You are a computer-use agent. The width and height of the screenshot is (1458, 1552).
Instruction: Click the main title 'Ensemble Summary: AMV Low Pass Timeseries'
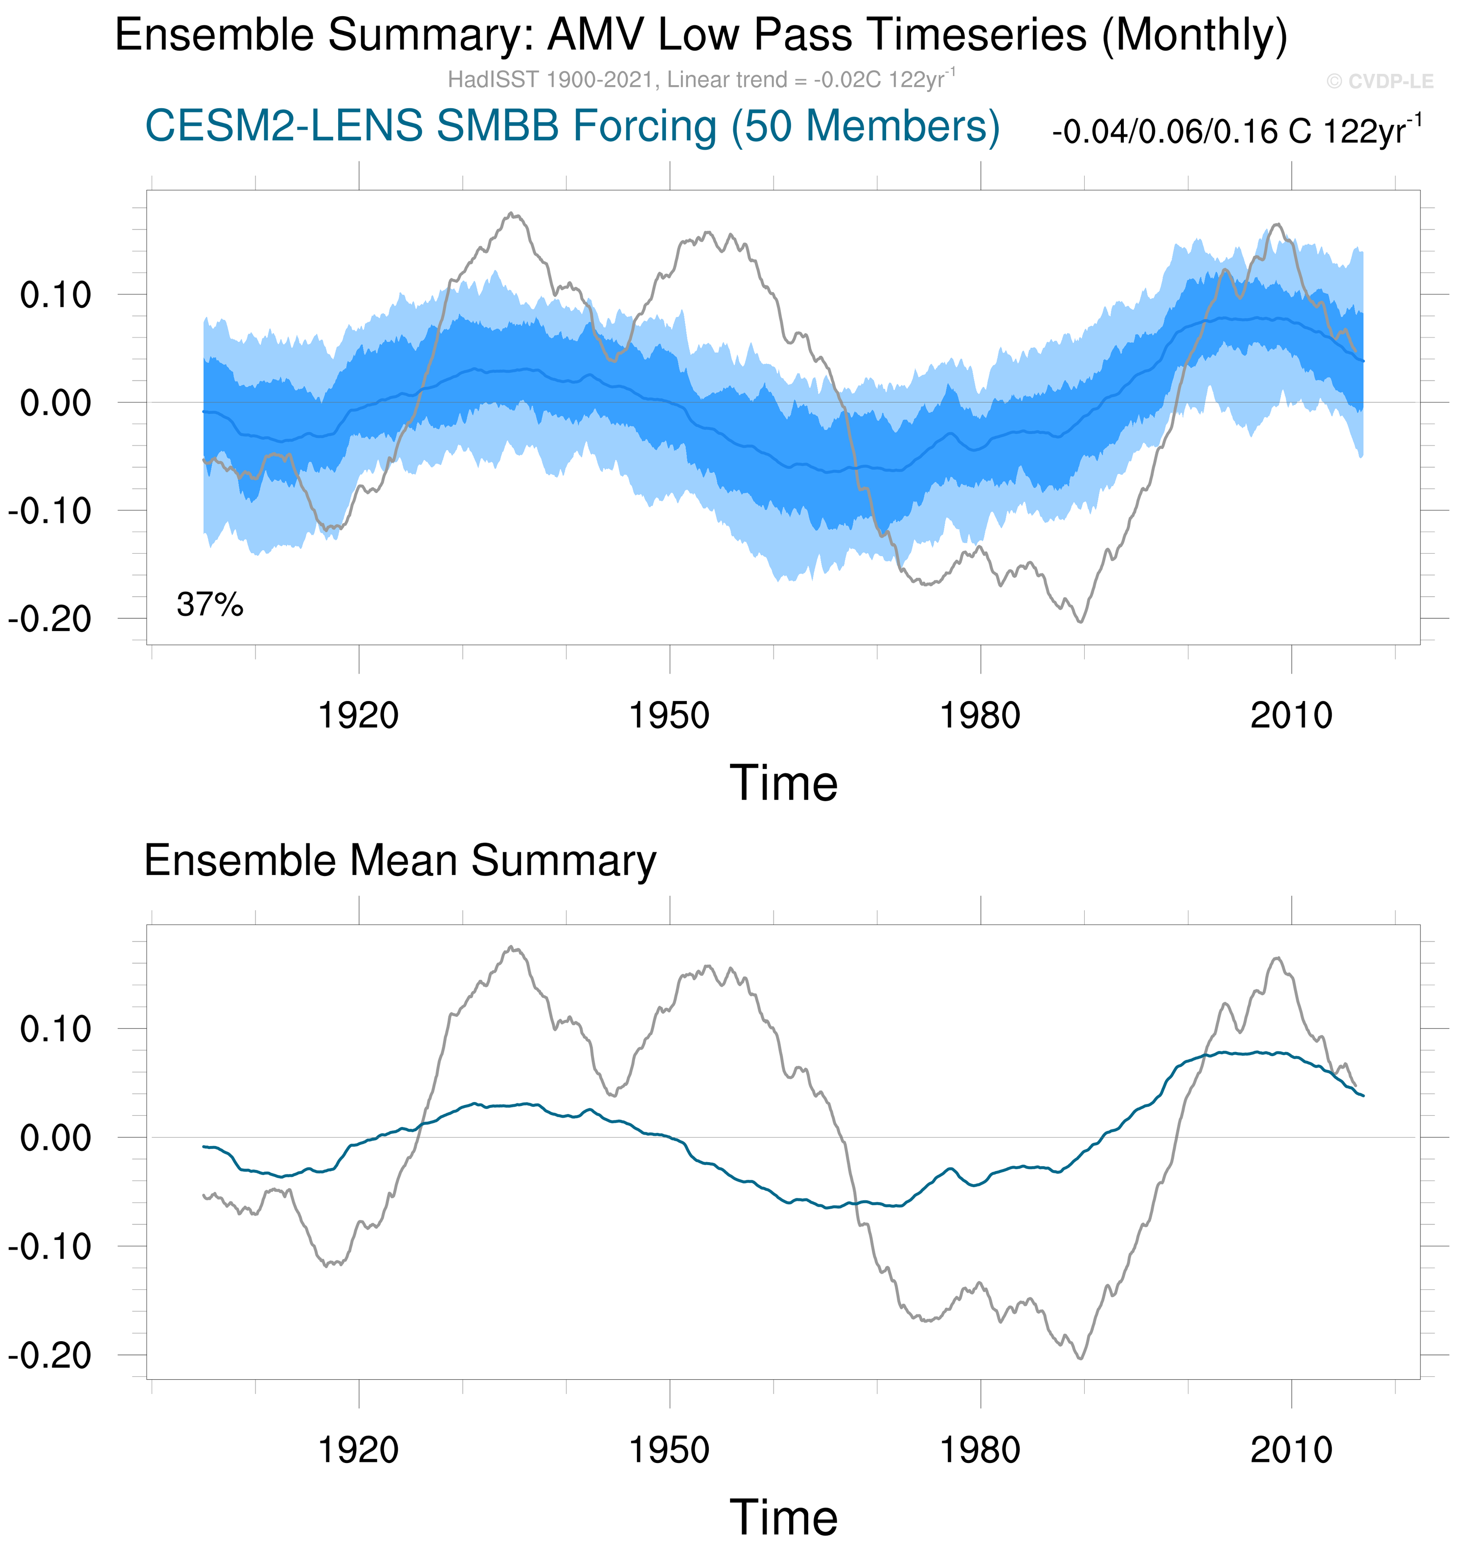[701, 36]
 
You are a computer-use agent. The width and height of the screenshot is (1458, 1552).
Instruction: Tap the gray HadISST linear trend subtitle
[701, 80]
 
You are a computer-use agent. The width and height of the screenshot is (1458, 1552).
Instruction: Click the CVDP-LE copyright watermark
[1379, 81]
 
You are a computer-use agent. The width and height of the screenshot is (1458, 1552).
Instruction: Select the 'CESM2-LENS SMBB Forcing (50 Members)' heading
[572, 127]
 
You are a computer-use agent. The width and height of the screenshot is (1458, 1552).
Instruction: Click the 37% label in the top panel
[210, 604]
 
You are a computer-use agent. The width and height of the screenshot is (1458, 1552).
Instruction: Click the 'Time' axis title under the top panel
[783, 784]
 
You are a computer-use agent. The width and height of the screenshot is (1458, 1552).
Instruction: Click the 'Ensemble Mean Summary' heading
[400, 861]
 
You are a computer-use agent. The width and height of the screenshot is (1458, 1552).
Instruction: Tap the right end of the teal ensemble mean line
[1363, 1096]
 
